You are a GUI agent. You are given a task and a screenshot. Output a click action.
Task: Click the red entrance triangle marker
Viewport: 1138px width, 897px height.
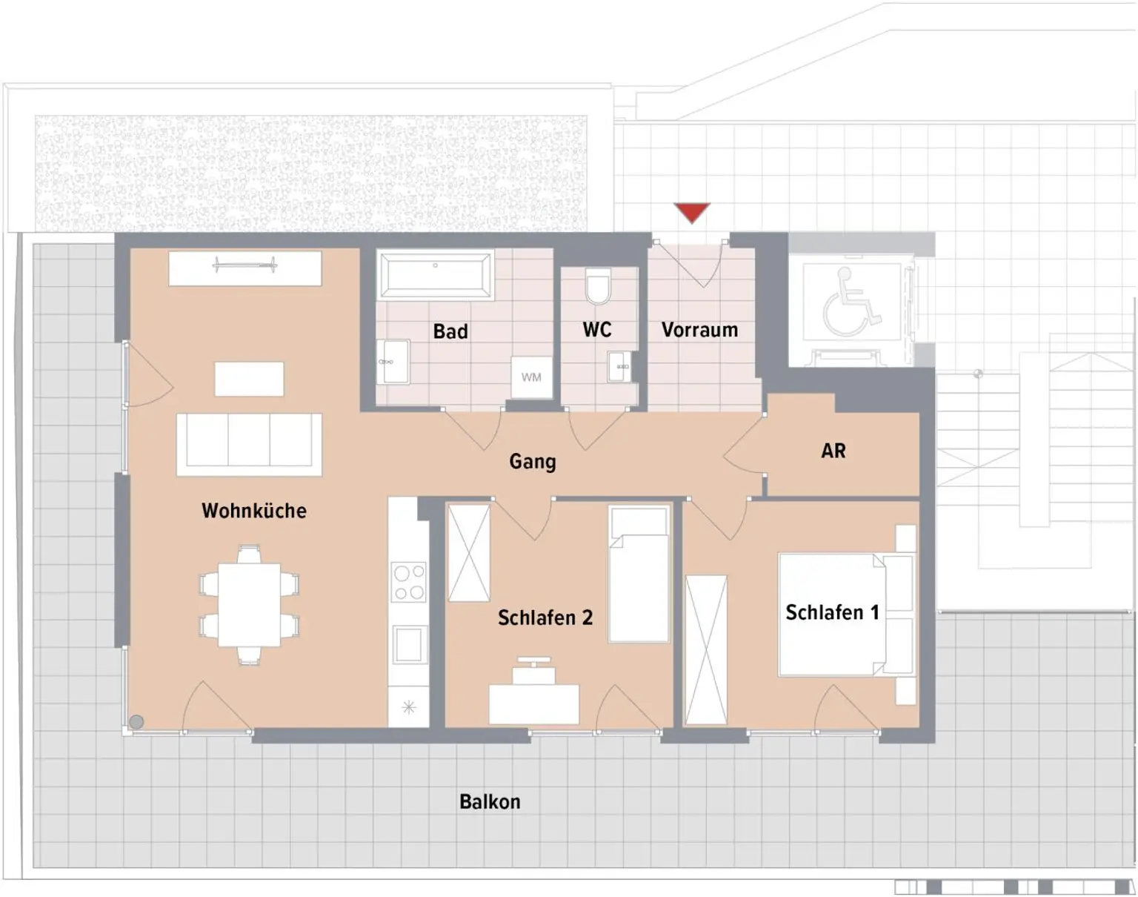(x=692, y=213)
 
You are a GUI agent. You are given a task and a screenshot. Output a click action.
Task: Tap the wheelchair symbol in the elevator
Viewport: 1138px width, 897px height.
(x=851, y=302)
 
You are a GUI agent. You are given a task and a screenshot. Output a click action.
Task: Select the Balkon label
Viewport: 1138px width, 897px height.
(x=490, y=802)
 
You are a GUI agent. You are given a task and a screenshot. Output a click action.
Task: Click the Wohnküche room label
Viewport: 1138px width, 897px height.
(x=254, y=511)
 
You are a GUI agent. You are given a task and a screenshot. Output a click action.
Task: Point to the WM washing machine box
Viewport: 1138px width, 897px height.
(x=531, y=377)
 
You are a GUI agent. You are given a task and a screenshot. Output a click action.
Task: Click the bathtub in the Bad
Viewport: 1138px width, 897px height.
(x=435, y=275)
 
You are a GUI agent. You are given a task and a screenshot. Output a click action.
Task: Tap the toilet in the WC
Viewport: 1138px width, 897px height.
(x=598, y=286)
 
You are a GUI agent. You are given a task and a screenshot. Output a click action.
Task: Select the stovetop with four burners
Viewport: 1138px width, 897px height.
(x=408, y=582)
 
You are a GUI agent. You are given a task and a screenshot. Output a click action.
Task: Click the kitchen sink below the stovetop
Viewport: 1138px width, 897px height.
(x=409, y=643)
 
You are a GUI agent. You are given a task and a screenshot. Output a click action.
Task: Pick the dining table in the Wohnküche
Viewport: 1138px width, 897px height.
(x=249, y=604)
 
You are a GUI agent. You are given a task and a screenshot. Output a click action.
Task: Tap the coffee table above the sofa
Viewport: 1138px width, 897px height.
(x=249, y=379)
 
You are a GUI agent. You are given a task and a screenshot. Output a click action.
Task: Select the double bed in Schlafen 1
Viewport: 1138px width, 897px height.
(x=846, y=615)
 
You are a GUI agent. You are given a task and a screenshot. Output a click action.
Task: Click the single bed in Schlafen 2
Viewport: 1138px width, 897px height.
(x=639, y=575)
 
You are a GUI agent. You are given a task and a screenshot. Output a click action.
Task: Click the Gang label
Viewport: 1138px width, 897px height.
(x=533, y=461)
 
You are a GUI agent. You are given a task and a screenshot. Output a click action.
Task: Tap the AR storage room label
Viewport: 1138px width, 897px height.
(x=833, y=451)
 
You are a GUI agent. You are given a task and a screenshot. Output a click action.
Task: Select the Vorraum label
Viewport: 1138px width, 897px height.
(x=699, y=330)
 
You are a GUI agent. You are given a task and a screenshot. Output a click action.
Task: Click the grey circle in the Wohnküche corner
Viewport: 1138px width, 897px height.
(x=136, y=722)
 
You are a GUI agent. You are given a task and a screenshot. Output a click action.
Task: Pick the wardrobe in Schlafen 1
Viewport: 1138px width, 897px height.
(x=706, y=650)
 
